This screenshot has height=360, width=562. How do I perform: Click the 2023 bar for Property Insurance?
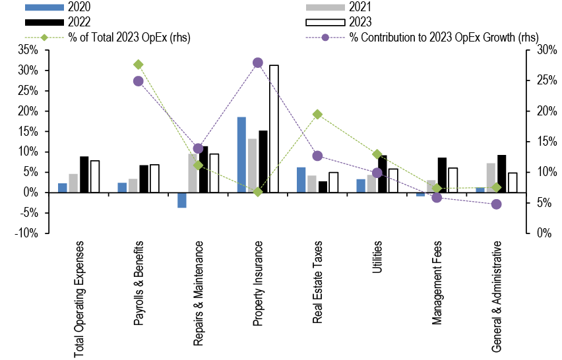(274, 129)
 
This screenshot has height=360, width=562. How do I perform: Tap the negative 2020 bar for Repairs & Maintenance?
(182, 200)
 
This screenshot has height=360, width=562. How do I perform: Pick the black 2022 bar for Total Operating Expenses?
(84, 175)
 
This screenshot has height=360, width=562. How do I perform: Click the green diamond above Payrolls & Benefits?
(139, 65)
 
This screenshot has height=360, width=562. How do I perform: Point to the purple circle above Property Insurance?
(258, 63)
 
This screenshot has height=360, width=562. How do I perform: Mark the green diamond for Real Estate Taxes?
(317, 114)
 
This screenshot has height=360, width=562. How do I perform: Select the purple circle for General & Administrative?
(497, 204)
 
